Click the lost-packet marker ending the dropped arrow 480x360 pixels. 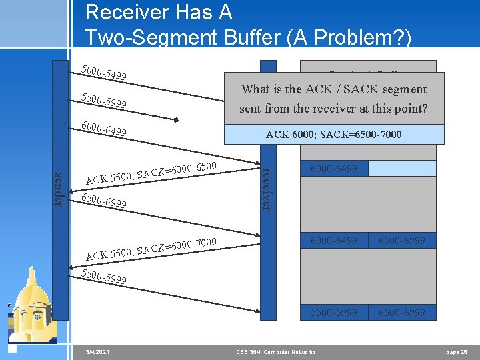pyautogui.click(x=176, y=120)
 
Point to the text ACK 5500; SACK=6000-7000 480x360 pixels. pyautogui.click(x=152, y=247)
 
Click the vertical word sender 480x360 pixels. pyautogui.click(x=59, y=189)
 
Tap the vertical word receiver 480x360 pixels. pyautogui.click(x=265, y=189)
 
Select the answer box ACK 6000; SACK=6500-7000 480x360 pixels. pyautogui.click(x=333, y=135)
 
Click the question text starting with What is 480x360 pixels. pyautogui.click(x=333, y=98)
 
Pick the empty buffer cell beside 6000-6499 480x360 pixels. pyautogui.click(x=402, y=169)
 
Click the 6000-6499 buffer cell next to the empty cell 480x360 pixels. pyautogui.click(x=334, y=169)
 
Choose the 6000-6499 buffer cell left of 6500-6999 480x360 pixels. pyautogui.click(x=334, y=240)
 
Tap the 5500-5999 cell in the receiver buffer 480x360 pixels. pyautogui.click(x=334, y=312)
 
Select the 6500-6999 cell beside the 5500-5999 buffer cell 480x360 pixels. pyautogui.click(x=402, y=312)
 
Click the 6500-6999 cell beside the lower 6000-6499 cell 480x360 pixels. pyautogui.click(x=402, y=240)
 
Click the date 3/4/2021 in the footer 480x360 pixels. pyautogui.click(x=98, y=351)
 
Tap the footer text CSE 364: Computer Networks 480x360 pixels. pyautogui.click(x=277, y=351)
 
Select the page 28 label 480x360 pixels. pyautogui.click(x=457, y=351)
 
